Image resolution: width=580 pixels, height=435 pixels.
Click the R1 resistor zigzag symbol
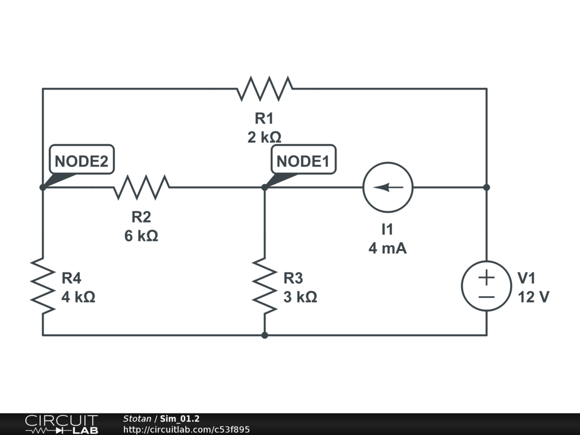[x=265, y=88]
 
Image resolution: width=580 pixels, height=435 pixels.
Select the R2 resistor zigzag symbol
[x=142, y=187]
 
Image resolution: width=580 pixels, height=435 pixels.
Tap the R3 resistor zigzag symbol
[x=265, y=285]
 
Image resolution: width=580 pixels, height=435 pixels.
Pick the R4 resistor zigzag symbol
[x=42, y=285]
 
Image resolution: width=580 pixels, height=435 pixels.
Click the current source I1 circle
[x=388, y=187]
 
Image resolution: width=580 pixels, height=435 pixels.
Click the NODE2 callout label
[x=81, y=161]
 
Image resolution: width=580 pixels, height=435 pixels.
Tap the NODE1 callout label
[x=303, y=161]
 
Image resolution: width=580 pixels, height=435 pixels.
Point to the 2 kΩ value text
[x=265, y=137]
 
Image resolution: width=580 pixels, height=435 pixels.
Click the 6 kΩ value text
[x=142, y=236]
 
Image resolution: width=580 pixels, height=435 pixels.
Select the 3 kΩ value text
[x=300, y=297]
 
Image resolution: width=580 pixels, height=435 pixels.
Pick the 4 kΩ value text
[x=78, y=297]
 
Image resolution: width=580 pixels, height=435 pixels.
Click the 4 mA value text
[x=388, y=248]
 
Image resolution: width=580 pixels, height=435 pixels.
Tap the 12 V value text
[x=533, y=297]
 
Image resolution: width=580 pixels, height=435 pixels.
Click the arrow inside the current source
[x=388, y=187]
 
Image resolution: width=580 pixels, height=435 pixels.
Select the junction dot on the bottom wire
[x=265, y=335]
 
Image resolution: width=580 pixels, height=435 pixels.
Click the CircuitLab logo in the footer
[x=61, y=424]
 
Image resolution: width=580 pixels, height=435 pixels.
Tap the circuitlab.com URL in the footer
[x=186, y=430]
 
